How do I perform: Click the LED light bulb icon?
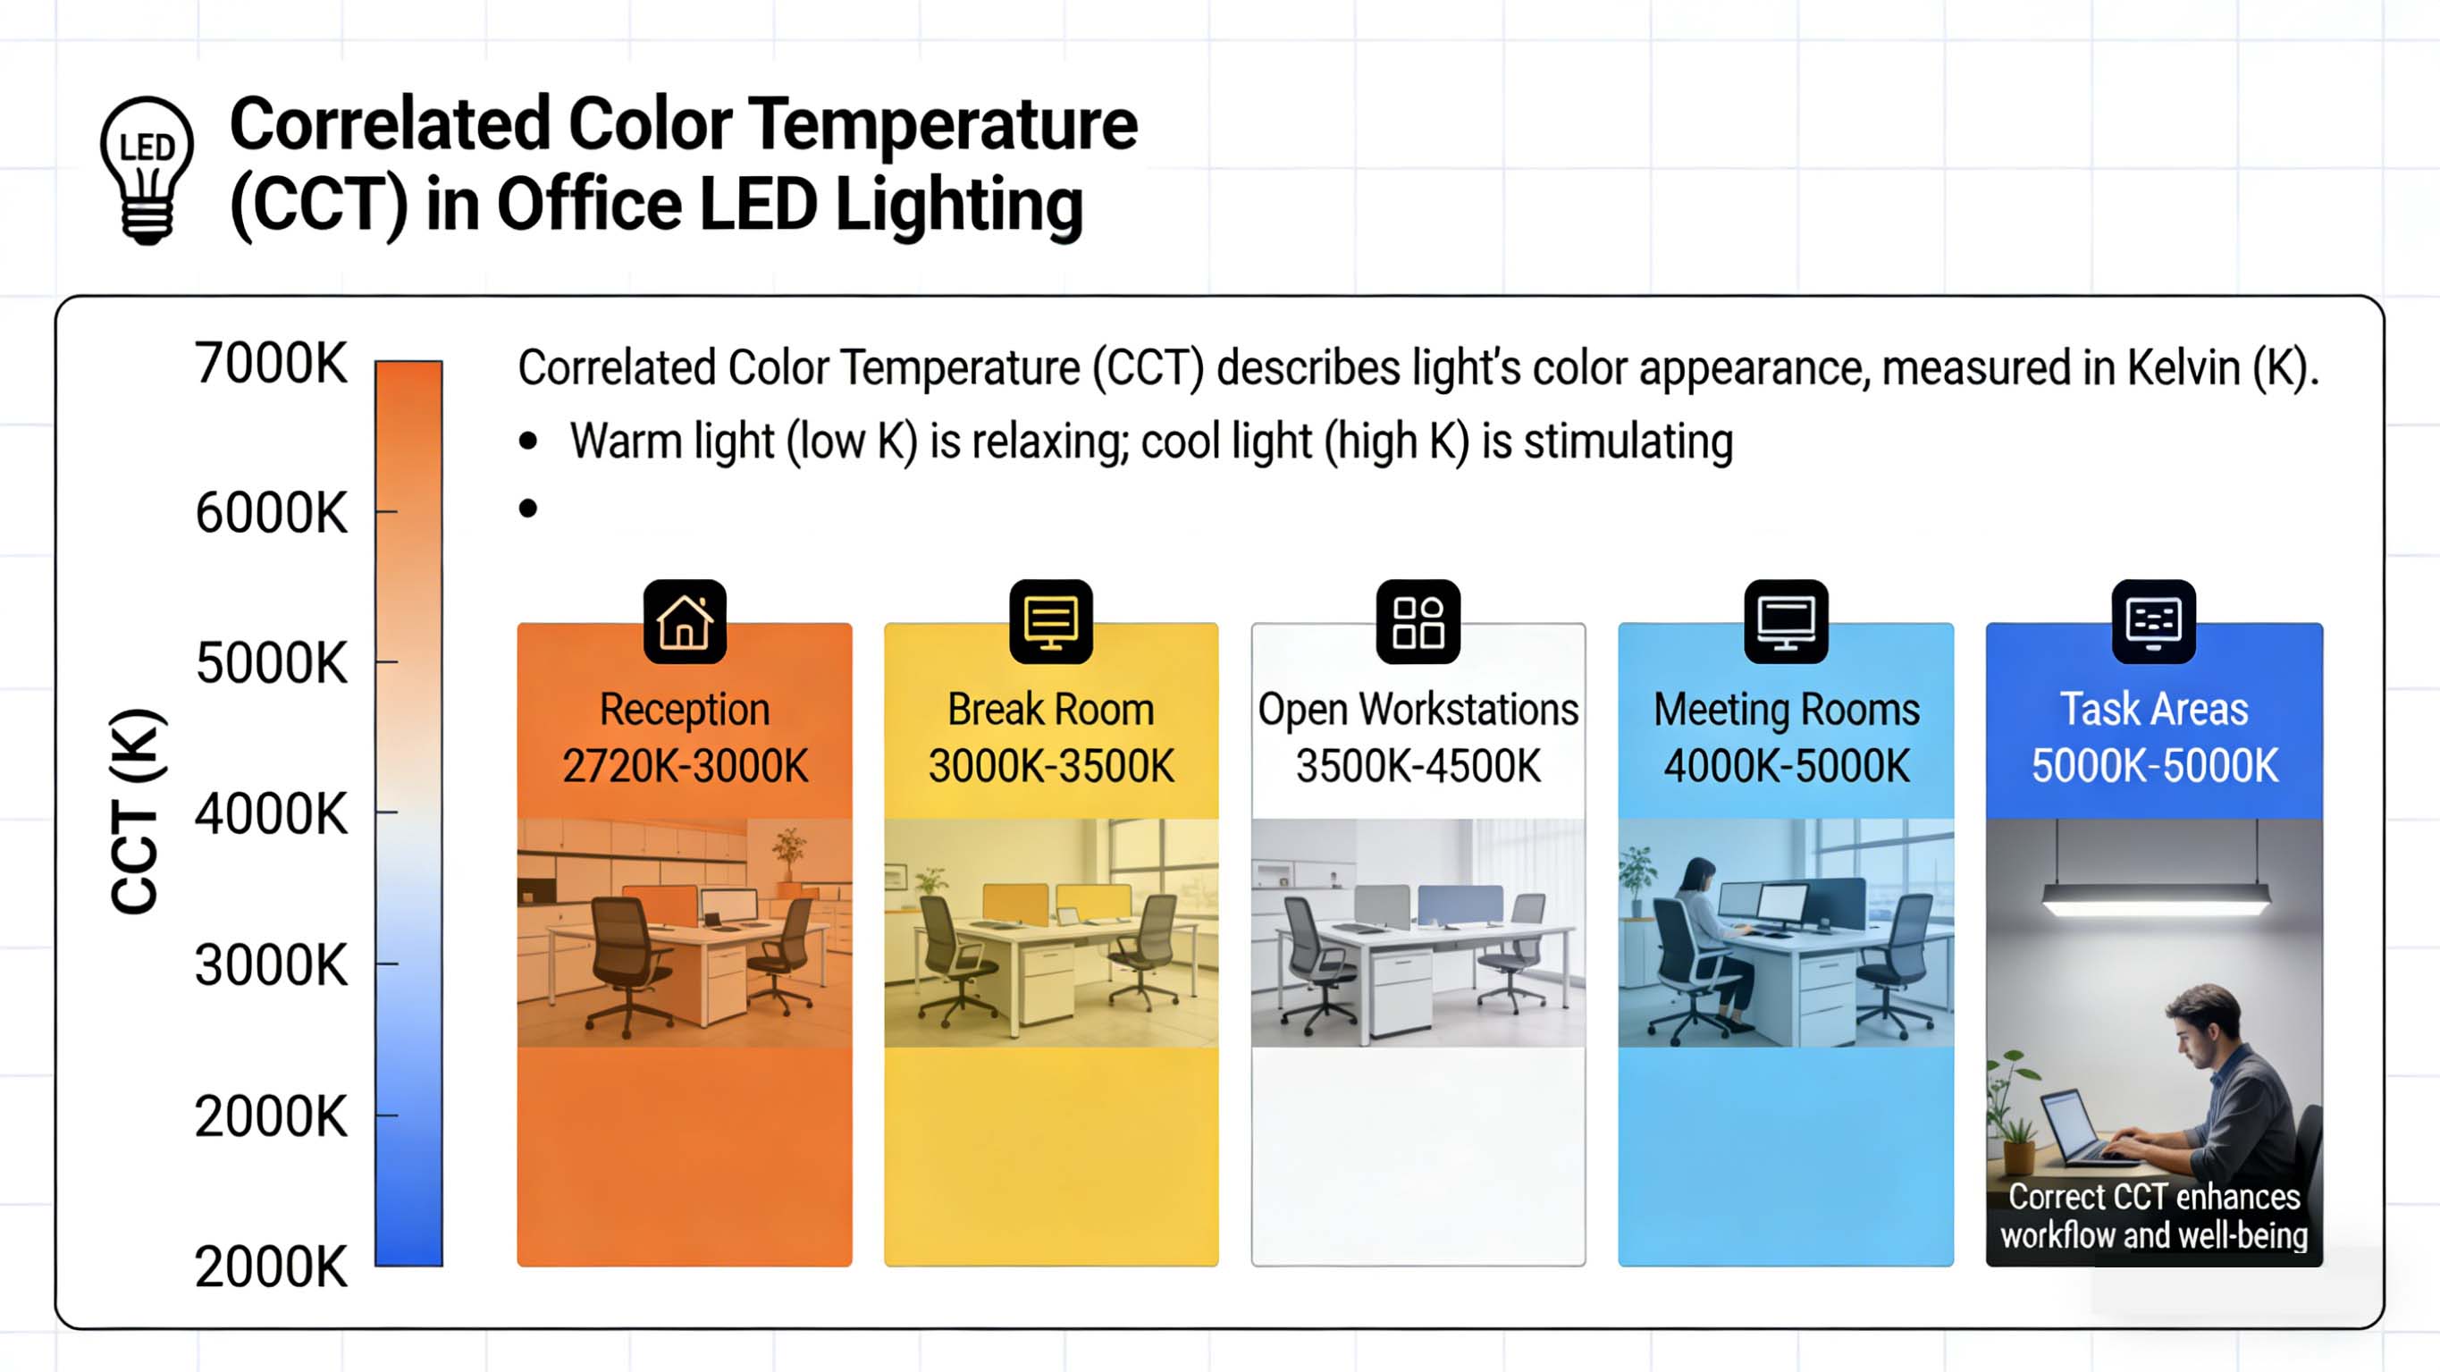tap(147, 170)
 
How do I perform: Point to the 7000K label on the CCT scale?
tap(271, 363)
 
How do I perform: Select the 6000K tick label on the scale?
tap(271, 514)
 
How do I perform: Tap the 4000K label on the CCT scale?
tap(271, 815)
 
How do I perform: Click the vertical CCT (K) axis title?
tap(137, 811)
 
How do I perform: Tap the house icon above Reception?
tap(684, 621)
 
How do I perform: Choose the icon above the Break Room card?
tap(1050, 621)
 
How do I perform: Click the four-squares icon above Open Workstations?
tap(1418, 621)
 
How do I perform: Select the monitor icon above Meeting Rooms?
tap(1786, 621)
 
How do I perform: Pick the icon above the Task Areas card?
tap(2153, 621)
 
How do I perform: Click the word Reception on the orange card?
tap(684, 710)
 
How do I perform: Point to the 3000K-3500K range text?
tap(1050, 766)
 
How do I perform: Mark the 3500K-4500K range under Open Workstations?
tap(1418, 766)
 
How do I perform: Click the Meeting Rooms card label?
tap(1786, 710)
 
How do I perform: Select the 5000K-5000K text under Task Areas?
tap(2153, 766)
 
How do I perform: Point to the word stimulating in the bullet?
tap(1628, 442)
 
